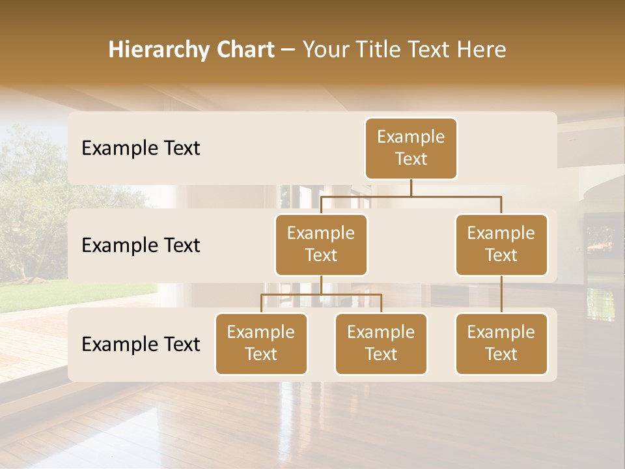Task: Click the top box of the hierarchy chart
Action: (411, 149)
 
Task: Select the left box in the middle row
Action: (321, 245)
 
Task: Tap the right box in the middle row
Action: (501, 245)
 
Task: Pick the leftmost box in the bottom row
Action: (261, 344)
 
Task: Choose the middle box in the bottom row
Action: (381, 344)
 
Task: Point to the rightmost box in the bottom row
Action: (501, 344)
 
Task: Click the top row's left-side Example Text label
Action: (141, 149)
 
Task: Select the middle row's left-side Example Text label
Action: (141, 246)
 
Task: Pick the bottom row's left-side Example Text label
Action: (141, 345)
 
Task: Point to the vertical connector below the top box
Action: (411, 188)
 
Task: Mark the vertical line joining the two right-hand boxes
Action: (501, 294)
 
